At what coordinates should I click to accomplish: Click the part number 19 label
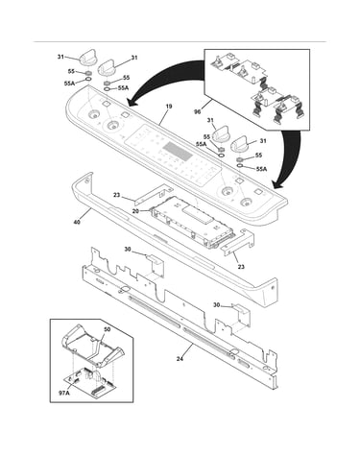pos(169,107)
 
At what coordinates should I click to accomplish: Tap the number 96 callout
pos(198,111)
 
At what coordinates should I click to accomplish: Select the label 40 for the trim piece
pos(77,222)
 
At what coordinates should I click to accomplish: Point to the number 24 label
pos(180,359)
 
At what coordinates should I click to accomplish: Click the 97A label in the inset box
pos(64,393)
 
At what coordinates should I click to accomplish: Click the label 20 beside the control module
pos(135,211)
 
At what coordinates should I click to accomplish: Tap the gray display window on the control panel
pos(178,152)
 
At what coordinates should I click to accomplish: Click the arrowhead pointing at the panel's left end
pos(132,102)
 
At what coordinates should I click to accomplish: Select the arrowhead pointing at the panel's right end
pos(277,184)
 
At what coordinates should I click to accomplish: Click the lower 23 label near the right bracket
pos(241,266)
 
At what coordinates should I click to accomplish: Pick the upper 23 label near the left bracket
pos(117,195)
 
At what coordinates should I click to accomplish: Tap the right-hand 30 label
pos(217,305)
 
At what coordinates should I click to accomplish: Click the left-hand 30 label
pos(128,250)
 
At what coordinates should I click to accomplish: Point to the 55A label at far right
pos(261,169)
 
